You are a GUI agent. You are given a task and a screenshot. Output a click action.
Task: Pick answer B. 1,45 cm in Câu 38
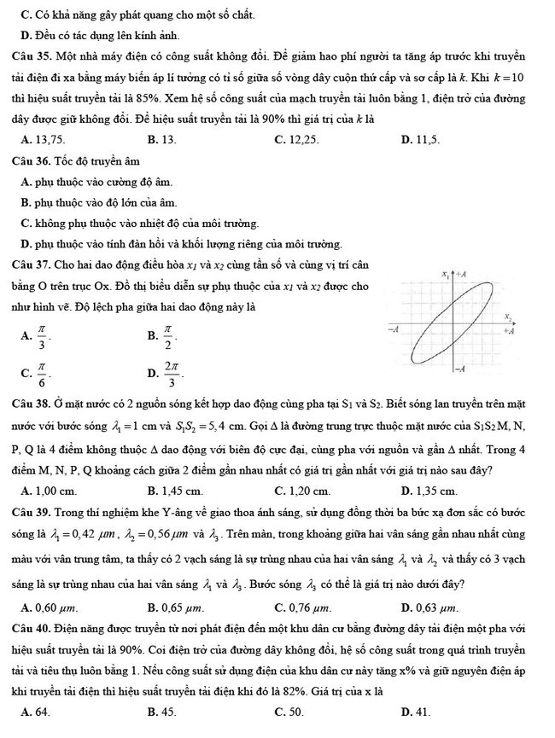pyautogui.click(x=175, y=491)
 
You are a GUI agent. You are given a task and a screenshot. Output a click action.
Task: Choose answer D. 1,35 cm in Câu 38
pyautogui.click(x=429, y=491)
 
